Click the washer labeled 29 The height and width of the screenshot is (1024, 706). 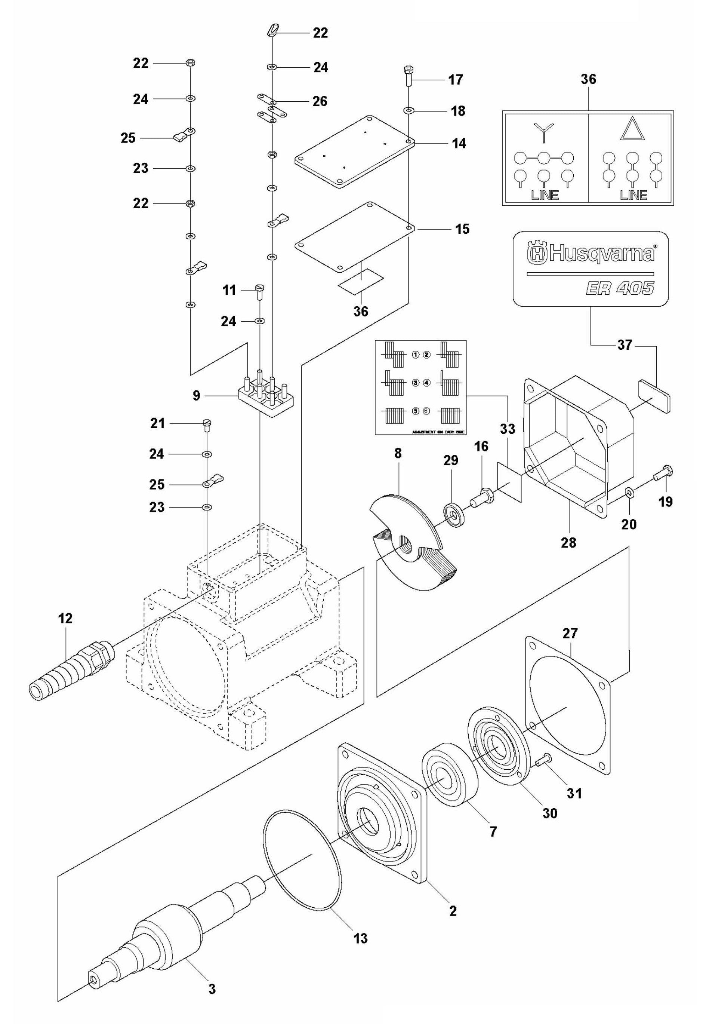pyautogui.click(x=453, y=514)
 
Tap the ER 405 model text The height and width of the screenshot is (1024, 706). pyautogui.click(x=620, y=288)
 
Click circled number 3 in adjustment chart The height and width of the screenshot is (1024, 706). pyautogui.click(x=415, y=383)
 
